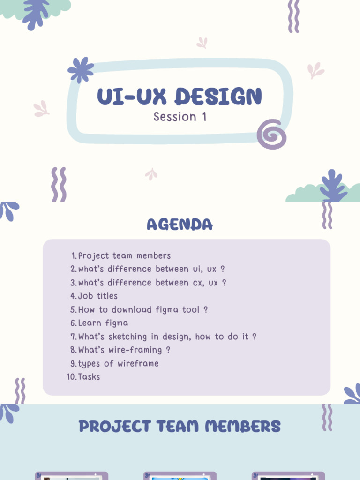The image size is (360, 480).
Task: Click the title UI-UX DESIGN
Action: (180, 96)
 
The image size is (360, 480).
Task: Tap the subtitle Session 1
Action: (180, 117)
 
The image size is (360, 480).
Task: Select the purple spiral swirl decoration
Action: (272, 134)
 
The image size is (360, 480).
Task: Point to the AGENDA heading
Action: (180, 225)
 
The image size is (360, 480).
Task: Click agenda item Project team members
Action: (124, 255)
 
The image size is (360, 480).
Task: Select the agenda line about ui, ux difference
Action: (151, 269)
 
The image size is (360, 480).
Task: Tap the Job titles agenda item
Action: (97, 296)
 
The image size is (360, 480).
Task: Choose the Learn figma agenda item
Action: (103, 323)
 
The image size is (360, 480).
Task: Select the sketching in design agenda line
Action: (167, 337)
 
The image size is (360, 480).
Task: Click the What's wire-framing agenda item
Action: (124, 350)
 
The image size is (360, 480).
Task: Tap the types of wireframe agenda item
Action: (118, 363)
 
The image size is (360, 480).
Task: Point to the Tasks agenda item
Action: (89, 376)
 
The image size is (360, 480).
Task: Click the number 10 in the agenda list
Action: (72, 377)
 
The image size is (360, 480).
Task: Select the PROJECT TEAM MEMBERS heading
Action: (180, 426)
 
